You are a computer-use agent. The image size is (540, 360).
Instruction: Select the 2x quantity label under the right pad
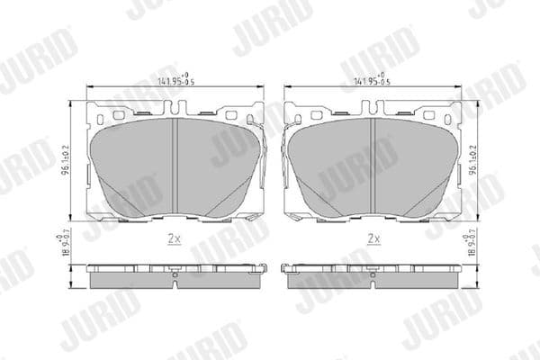pyautogui.click(x=373, y=239)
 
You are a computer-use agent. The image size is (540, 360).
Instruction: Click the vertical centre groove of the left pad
pyautogui.click(x=175, y=166)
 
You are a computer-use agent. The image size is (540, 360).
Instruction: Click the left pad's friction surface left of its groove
pyautogui.click(x=135, y=162)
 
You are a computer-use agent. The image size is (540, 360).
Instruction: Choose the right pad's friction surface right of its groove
pyautogui.click(x=414, y=162)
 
